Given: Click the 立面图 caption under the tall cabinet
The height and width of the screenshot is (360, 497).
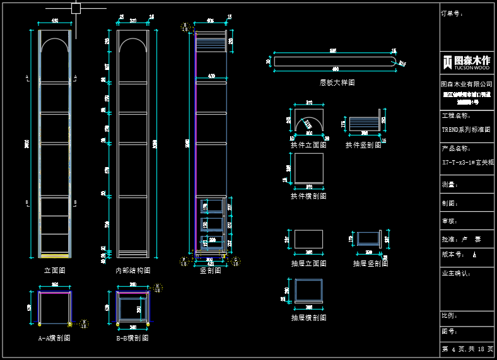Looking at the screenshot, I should tap(54, 270).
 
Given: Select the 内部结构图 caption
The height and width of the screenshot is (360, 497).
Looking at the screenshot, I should tap(132, 270).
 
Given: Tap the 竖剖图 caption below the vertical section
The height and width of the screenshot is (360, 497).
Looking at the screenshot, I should tap(210, 270).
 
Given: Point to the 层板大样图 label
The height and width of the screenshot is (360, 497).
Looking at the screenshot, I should tap(337, 83).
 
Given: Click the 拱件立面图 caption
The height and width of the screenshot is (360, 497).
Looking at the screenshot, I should tap(308, 145).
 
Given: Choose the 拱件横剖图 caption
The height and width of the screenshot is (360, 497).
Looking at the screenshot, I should tap(308, 196).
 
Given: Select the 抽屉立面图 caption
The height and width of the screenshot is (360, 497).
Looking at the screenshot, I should tap(308, 264).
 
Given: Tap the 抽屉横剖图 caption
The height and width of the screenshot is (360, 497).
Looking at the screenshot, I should tap(308, 318).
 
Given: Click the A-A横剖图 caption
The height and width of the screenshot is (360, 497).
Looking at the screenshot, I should tap(54, 338).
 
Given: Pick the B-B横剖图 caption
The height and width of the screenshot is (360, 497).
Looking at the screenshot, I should tap(132, 338).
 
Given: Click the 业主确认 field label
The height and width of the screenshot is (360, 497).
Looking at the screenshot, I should tap(456, 274).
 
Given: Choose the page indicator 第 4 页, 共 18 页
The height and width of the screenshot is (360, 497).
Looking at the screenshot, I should tap(467, 349).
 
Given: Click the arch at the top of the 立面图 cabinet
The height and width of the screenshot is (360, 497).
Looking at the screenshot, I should tap(54, 44).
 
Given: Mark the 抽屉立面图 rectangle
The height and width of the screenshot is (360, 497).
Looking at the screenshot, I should tap(308, 239).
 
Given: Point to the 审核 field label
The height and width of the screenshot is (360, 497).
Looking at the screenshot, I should tap(450, 221).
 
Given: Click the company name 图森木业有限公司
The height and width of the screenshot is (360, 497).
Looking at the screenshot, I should tap(467, 84).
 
